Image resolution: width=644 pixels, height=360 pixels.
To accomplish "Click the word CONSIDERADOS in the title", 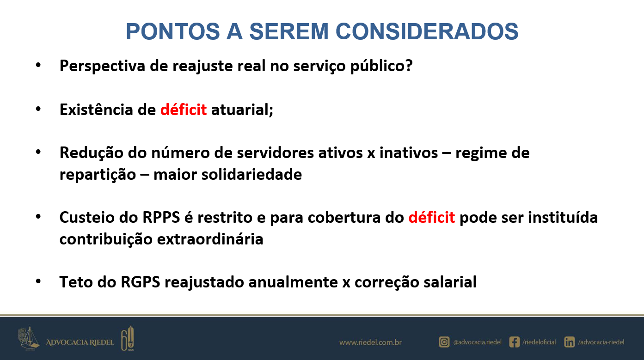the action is pos(427,31).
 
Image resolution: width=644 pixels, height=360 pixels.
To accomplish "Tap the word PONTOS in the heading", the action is pos(173,31).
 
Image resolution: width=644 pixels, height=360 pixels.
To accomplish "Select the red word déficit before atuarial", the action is pos(184,110).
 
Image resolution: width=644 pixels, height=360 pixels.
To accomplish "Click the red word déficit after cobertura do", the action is pos(431,217).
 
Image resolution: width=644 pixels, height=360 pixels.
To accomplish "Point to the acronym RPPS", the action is pos(161,217).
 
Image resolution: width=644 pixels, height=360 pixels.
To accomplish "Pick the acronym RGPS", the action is pos(140,282).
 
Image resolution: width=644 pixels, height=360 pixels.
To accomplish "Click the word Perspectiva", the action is pos(102,66).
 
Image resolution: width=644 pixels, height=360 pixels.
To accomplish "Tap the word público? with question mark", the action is pos(381,66).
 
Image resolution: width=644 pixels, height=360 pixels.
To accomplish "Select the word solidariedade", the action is pos(251,174).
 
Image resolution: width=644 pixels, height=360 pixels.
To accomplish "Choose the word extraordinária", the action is pos(210,239).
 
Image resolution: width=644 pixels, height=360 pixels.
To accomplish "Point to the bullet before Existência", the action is pos(38,109).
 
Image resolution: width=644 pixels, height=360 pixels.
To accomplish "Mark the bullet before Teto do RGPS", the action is pos(38,281).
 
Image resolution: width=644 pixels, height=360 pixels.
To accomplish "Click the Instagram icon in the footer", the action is pos(444,342).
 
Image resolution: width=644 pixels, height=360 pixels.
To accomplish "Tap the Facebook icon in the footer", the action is pos(515,342).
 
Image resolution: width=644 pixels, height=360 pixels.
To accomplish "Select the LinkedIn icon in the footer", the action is pos(569,342).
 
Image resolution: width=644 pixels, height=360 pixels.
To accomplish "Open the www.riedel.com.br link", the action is pos(370,342).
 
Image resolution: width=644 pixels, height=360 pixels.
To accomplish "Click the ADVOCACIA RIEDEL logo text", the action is pos(80,342).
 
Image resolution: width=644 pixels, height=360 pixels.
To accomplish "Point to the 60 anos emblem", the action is pos(128,338).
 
